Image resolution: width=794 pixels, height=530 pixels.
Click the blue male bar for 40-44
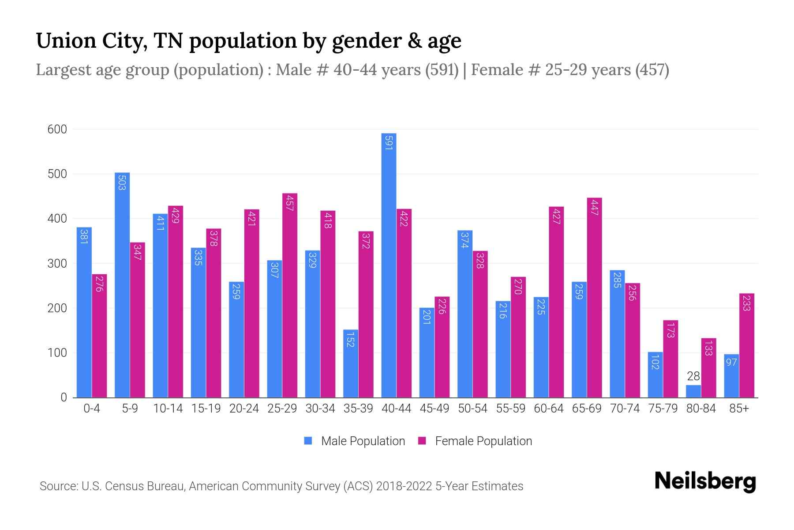coord(389,265)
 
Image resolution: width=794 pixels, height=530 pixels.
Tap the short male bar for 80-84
coord(693,391)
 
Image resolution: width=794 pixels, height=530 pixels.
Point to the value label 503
coord(122,182)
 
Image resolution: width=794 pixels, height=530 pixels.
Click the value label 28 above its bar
coord(693,376)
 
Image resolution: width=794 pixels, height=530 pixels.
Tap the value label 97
coord(731,362)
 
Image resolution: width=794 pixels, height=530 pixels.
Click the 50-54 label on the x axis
coord(472,409)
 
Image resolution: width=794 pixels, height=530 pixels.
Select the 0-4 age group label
coord(92,409)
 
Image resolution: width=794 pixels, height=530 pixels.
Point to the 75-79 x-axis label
coord(663,409)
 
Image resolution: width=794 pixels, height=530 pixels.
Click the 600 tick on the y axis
coord(57,129)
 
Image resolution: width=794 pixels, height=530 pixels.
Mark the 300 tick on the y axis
coord(57,264)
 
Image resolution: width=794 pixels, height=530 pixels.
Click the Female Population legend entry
coord(475,441)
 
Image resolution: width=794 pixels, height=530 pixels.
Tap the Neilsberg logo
coord(705,481)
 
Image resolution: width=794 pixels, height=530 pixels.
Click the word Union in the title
coord(66,41)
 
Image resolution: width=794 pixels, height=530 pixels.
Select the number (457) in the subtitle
coord(652,70)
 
